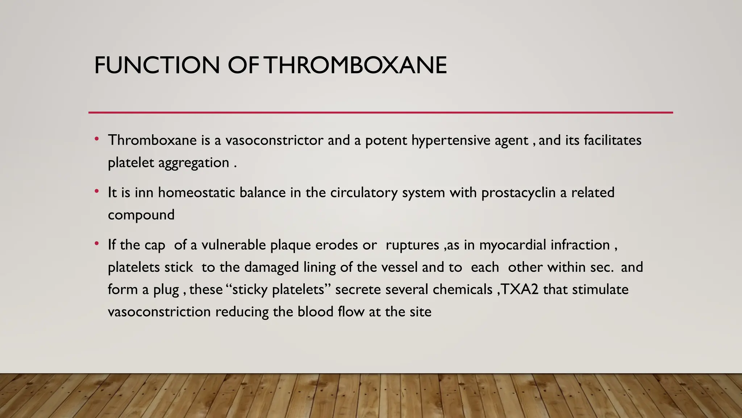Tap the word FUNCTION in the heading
pyautogui.click(x=157, y=65)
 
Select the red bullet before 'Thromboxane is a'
pyautogui.click(x=97, y=139)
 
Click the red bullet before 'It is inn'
pyautogui.click(x=97, y=191)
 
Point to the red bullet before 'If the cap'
pyautogui.click(x=97, y=243)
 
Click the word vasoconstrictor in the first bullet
pyautogui.click(x=274, y=140)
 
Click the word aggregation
pyautogui.click(x=194, y=163)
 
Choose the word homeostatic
pyautogui.click(x=196, y=193)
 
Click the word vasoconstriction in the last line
pyautogui.click(x=159, y=312)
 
